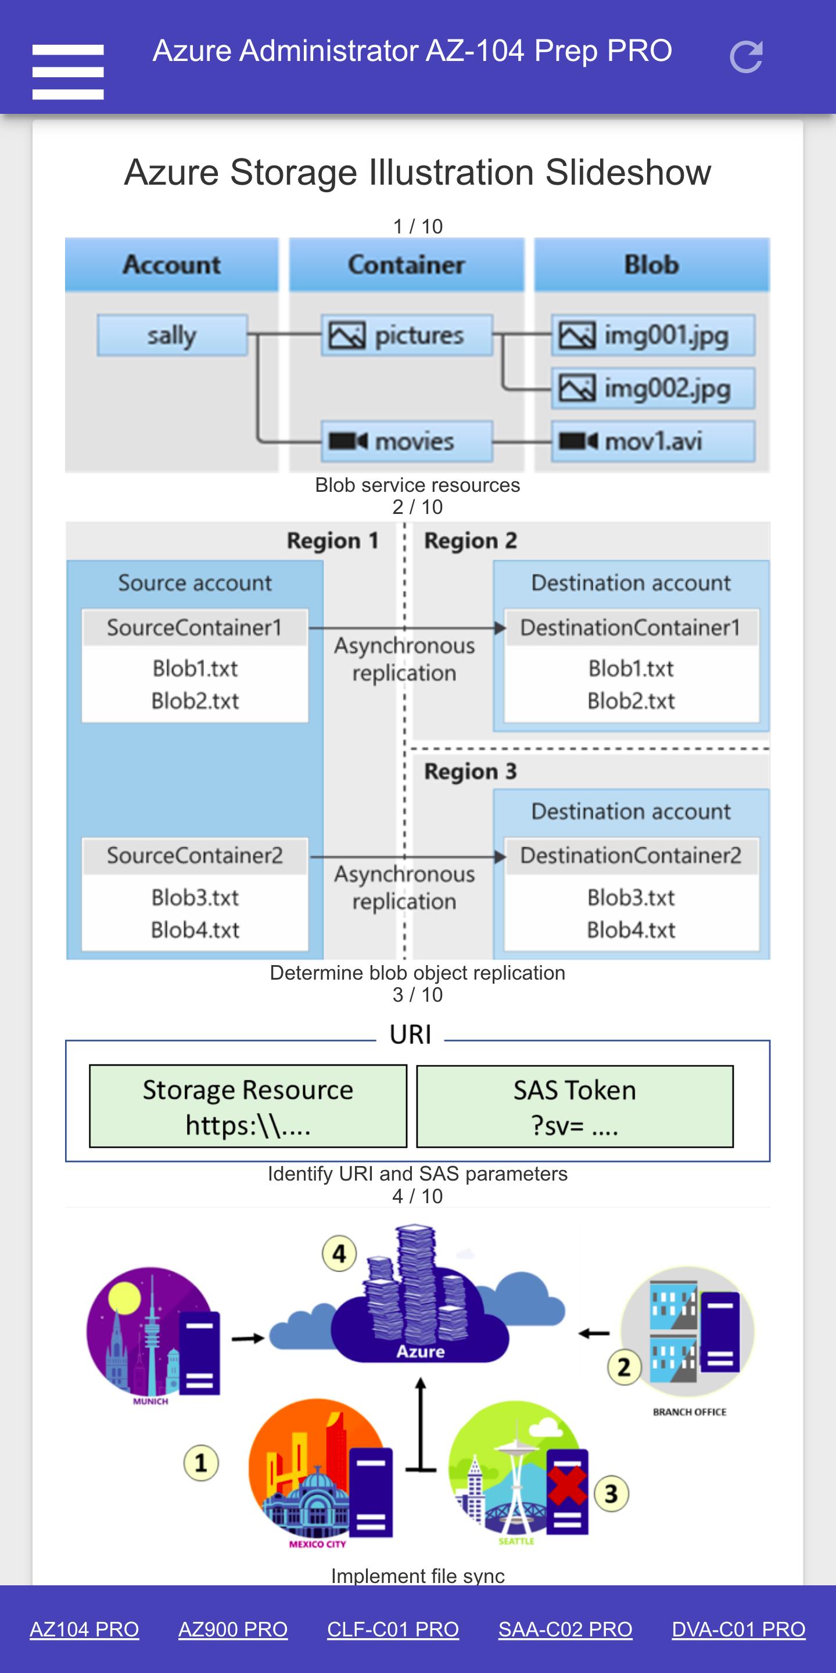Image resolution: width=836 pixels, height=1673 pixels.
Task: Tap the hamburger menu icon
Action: click(x=68, y=71)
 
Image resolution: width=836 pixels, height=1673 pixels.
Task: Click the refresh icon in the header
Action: click(x=746, y=57)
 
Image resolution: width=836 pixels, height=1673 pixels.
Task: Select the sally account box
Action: click(x=172, y=335)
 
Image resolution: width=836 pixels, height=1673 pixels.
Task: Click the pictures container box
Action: click(x=407, y=335)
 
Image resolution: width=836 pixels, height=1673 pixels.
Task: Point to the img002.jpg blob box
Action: click(x=654, y=388)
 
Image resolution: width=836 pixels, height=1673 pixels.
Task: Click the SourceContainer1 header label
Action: click(x=194, y=627)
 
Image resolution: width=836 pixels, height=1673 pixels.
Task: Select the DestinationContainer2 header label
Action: click(x=631, y=855)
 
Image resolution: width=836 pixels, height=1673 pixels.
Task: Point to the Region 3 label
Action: click(x=471, y=772)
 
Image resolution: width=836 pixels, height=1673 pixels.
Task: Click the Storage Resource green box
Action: click(x=248, y=1107)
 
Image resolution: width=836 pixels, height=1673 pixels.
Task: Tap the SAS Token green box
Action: click(x=575, y=1107)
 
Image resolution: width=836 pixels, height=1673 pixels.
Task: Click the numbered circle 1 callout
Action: click(x=200, y=1463)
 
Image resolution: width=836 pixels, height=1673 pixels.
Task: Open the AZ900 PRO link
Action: click(x=233, y=1629)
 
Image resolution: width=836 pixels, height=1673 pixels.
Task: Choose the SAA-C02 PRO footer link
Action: click(x=565, y=1629)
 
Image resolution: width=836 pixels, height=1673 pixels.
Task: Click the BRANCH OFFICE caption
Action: click(x=690, y=1412)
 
